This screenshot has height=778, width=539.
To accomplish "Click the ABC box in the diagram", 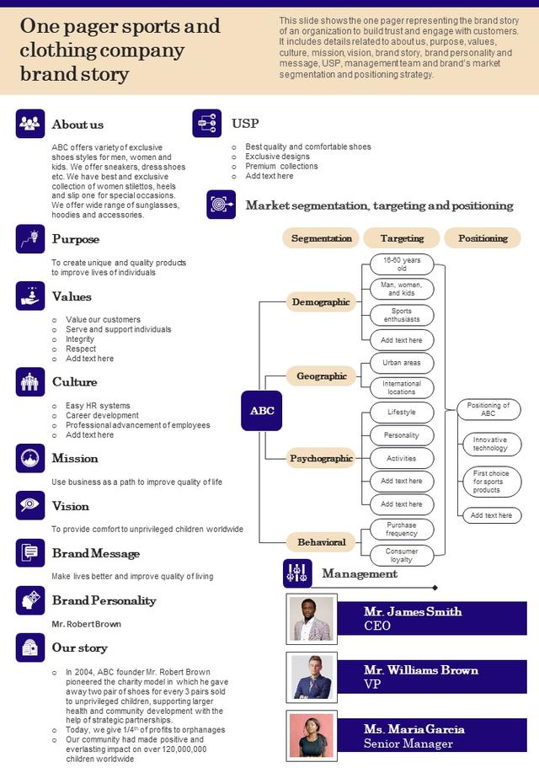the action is (x=262, y=410).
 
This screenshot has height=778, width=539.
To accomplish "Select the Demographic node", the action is (x=321, y=301).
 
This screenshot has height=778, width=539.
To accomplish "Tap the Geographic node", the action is (x=322, y=376).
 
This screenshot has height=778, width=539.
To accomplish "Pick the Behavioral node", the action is (x=322, y=542).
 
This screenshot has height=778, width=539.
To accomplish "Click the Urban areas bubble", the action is (x=402, y=363).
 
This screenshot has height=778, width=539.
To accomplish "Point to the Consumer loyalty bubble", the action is (x=402, y=555).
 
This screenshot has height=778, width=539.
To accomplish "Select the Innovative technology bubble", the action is (x=489, y=444).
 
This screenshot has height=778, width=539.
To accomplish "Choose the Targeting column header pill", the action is (x=402, y=238).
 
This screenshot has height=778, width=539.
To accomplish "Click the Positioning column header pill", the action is (x=483, y=238).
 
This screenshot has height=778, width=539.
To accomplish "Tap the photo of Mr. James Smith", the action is (x=312, y=619).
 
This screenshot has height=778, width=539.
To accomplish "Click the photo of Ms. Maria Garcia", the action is (x=312, y=736).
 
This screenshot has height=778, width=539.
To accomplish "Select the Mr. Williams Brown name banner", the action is (x=432, y=677).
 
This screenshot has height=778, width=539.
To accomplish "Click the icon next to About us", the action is (x=29, y=124).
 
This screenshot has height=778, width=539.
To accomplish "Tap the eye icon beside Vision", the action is (x=29, y=505).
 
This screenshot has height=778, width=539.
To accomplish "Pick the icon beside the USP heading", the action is (x=207, y=123).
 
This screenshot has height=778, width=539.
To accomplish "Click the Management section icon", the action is (x=297, y=573).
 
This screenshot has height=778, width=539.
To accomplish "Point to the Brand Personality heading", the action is (x=104, y=600).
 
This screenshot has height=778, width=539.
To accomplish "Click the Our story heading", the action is (x=80, y=647).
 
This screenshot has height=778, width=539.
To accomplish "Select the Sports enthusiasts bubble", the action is (x=402, y=315).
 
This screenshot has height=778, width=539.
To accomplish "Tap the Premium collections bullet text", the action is (x=281, y=166).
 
